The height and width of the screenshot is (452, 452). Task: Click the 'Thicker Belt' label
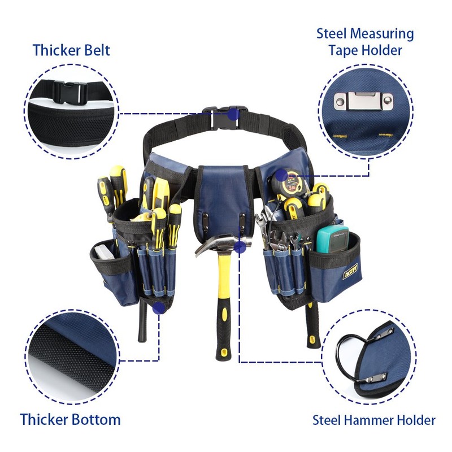tap(71, 50)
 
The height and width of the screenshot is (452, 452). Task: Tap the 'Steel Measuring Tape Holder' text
tap(364, 42)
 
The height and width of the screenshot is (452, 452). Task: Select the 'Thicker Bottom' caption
tap(70, 420)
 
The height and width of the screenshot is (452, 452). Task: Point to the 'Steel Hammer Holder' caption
tap(374, 420)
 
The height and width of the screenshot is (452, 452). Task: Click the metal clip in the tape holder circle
tap(358, 102)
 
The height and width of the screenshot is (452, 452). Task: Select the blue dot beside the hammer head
tap(240, 246)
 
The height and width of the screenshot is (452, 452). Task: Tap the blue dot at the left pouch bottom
tap(159, 308)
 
